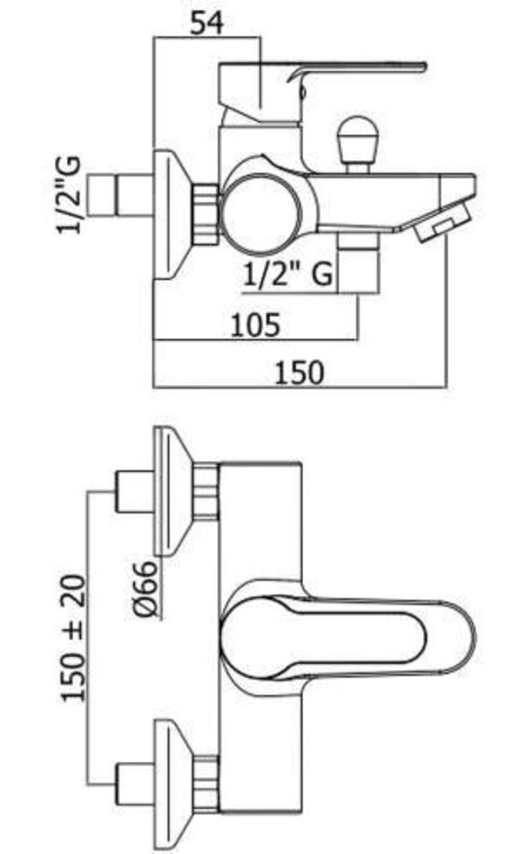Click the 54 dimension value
click(x=207, y=24)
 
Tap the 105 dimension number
click(x=255, y=325)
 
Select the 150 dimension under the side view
click(x=299, y=373)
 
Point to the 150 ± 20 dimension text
click(x=73, y=637)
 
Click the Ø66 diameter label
click(x=147, y=590)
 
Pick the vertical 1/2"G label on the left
click(x=70, y=195)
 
